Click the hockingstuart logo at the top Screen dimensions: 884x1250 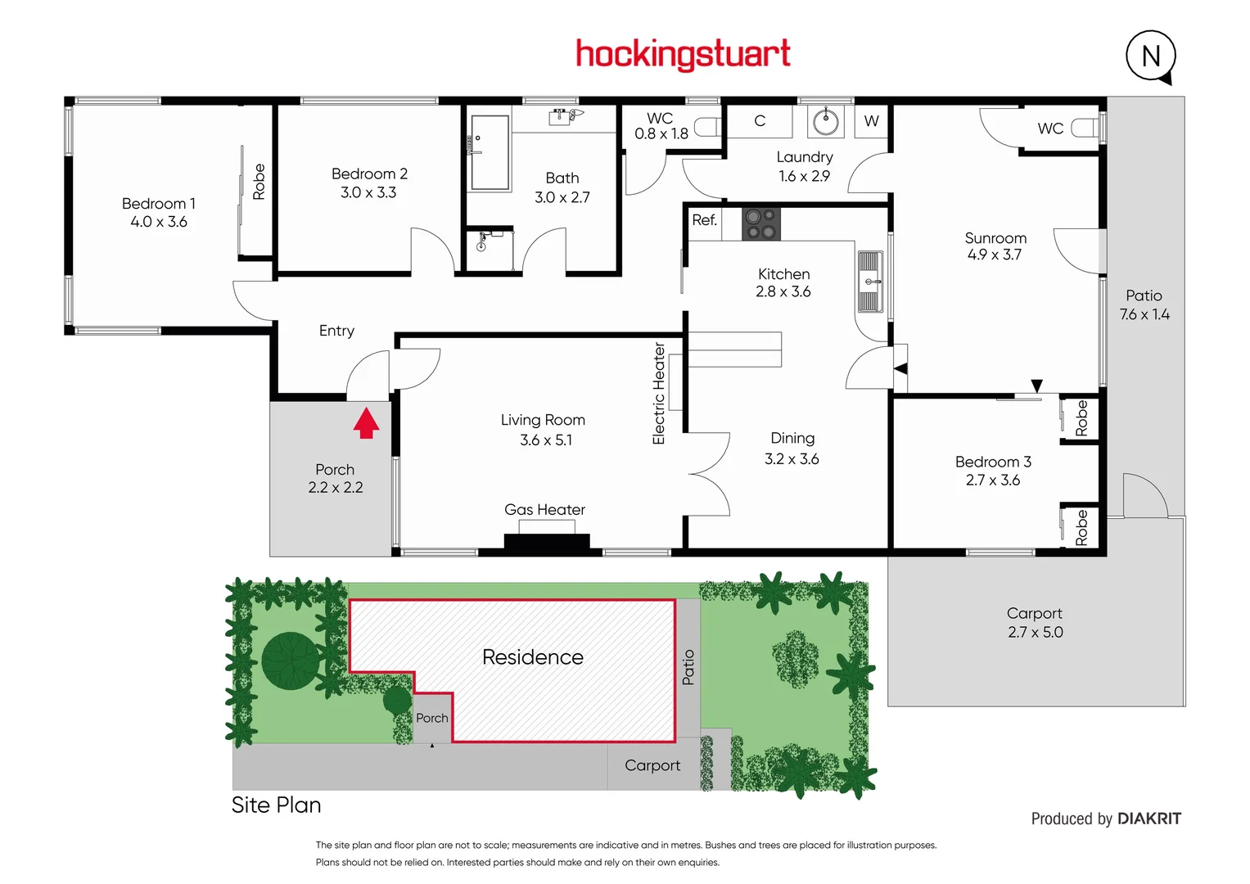tap(683, 54)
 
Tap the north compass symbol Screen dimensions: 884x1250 tap(1150, 56)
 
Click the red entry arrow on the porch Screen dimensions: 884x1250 tap(366, 422)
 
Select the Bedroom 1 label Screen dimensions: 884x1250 tap(158, 203)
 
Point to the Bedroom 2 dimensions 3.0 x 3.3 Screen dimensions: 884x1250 tap(368, 192)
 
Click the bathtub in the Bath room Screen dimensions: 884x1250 tap(490, 152)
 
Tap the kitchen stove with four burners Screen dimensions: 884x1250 tap(760, 223)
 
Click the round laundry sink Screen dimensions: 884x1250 tap(825, 123)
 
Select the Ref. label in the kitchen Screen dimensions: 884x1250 tap(704, 220)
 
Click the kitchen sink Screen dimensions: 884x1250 tap(869, 282)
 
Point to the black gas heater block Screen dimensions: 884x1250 tap(546, 542)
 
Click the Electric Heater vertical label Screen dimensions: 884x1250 tap(658, 394)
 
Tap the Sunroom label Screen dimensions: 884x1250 tap(995, 238)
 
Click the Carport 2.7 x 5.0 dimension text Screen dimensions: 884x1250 tap(1035, 632)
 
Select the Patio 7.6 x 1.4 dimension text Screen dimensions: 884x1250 tap(1144, 314)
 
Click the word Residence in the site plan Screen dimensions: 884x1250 tap(532, 657)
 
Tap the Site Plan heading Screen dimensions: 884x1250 tap(276, 805)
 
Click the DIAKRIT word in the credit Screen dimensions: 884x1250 tap(1148, 819)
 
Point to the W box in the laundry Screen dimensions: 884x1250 tap(871, 121)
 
